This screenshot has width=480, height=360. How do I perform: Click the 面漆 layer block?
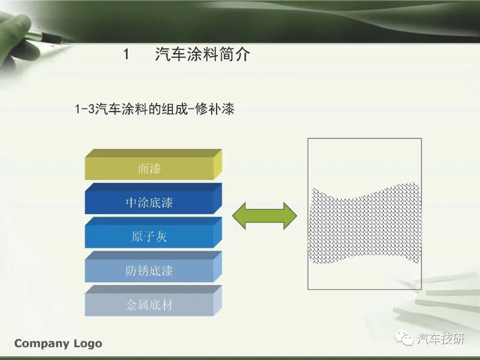153,165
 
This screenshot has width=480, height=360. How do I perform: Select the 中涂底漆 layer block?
153,199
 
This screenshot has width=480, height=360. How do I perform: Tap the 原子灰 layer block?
153,232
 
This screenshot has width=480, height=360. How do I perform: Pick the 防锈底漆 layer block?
153,267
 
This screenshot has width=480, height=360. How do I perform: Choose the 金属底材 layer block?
153,301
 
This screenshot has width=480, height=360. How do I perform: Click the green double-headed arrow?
264,216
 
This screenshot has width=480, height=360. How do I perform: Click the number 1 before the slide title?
126,55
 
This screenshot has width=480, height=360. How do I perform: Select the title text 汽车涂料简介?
202,54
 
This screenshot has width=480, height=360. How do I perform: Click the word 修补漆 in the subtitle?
215,109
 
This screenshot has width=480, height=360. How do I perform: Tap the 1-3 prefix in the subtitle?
85,109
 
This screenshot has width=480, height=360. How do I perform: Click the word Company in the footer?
42,344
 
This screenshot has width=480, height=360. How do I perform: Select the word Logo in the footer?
88,344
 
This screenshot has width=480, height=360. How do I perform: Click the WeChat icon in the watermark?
404,339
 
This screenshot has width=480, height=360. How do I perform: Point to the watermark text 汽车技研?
440,339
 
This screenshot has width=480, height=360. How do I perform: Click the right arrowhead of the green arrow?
289,216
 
